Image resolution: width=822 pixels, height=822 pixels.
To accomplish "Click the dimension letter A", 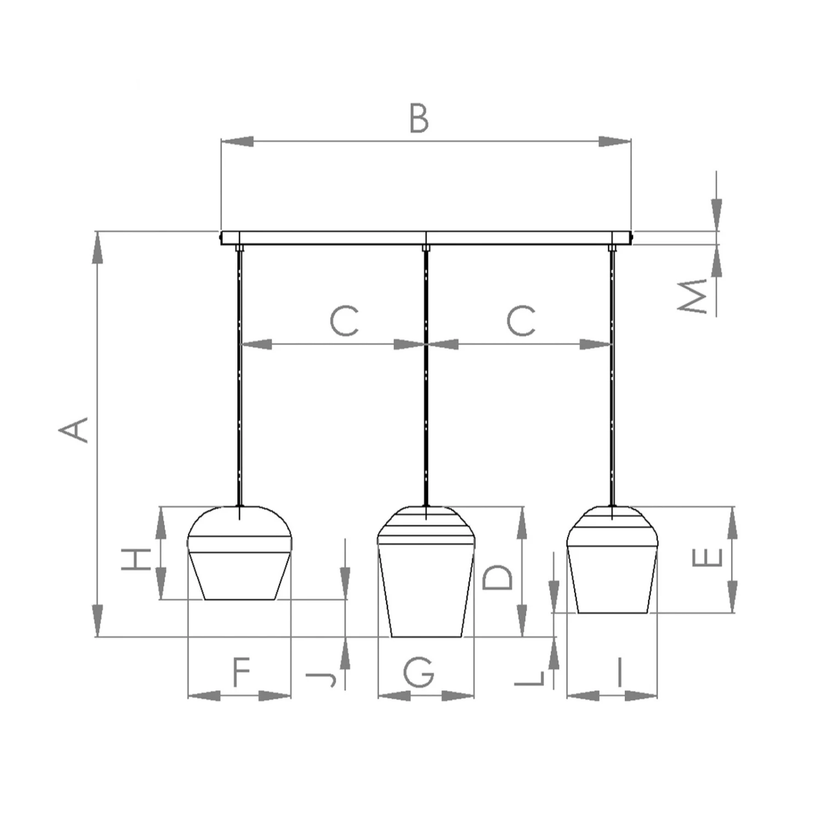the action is [x=73, y=430].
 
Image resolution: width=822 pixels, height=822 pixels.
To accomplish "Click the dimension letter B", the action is [x=419, y=119].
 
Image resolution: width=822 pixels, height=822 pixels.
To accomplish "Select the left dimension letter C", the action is [x=344, y=321].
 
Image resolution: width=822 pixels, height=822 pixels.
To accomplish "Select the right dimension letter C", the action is [x=521, y=321].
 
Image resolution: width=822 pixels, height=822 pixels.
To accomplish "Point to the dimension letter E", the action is [x=708, y=557].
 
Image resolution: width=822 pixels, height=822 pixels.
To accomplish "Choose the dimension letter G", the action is [x=419, y=672].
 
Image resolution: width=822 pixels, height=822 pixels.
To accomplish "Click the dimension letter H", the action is [x=135, y=559].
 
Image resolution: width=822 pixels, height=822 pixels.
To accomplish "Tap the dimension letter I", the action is [x=619, y=672].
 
